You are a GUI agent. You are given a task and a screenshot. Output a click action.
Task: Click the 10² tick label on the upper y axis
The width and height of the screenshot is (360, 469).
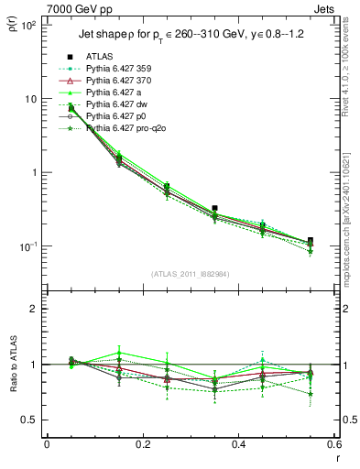(29, 25)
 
